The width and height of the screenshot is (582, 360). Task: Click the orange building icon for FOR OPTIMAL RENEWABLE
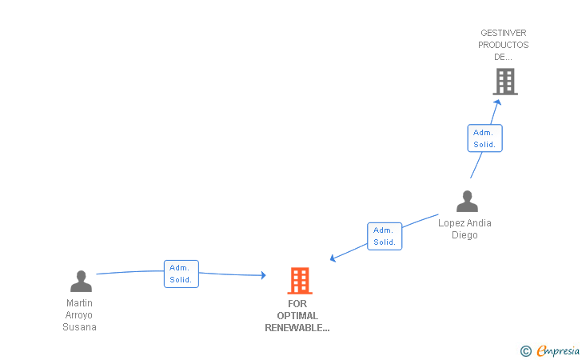click(300, 281)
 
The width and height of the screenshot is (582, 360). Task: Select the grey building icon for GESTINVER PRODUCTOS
click(504, 82)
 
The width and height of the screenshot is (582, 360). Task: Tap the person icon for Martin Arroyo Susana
click(81, 282)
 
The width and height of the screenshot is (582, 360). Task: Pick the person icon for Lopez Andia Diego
click(467, 202)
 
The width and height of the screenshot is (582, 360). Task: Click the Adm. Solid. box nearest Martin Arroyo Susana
click(181, 274)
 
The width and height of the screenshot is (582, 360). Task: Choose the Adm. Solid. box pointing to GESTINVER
click(484, 138)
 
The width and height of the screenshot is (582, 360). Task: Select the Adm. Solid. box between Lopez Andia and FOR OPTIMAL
click(385, 236)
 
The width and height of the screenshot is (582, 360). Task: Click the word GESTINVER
click(504, 34)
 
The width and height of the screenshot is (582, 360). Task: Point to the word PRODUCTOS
click(504, 45)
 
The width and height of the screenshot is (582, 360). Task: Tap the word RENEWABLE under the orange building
click(297, 327)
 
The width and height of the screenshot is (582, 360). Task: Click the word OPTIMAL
click(297, 316)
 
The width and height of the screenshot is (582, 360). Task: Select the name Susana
click(79, 327)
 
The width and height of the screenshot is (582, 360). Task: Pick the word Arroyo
click(79, 315)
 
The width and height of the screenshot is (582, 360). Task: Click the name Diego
click(464, 235)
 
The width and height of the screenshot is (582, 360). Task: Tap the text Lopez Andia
click(464, 223)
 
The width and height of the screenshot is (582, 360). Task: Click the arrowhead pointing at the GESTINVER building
click(497, 102)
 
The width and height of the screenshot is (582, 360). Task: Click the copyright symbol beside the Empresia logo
click(525, 350)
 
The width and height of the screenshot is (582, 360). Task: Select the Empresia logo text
click(558, 350)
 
